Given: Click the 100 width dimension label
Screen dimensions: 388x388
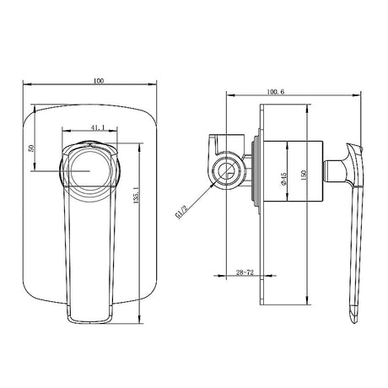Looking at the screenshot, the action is pos(99,81).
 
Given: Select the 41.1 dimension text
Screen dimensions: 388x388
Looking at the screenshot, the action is pos(98,127).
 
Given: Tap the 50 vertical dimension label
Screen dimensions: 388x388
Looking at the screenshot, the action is pos(31,148).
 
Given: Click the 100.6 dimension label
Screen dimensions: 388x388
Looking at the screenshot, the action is pos(276,92).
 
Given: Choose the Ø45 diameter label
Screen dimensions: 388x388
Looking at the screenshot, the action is pos(283,179).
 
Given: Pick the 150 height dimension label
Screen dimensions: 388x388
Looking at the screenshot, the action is pos(303,175).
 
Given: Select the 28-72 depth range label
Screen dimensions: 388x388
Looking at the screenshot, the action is pos(245,272).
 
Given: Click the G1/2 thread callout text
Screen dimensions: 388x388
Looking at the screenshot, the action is pos(181,212).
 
